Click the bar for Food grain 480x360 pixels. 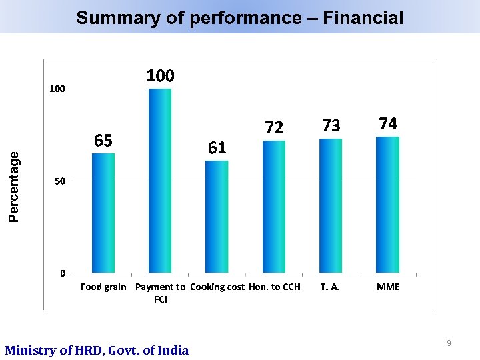[103, 213]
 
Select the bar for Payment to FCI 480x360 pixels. [160, 181]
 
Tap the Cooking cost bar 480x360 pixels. [217, 217]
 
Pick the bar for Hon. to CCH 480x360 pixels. [274, 207]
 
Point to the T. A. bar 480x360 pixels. [331, 206]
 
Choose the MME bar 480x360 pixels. [387, 205]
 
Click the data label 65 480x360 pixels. [103, 141]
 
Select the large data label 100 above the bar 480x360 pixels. [160, 76]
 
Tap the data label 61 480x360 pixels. [217, 148]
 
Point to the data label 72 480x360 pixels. [274, 127]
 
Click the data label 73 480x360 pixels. [331, 126]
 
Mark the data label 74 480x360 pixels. [387, 124]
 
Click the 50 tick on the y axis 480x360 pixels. [59, 181]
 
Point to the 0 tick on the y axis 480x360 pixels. [62, 273]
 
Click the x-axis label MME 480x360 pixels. [388, 287]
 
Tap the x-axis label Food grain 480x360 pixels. [103, 287]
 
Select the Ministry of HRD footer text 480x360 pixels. [97, 350]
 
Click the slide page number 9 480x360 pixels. [449, 343]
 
